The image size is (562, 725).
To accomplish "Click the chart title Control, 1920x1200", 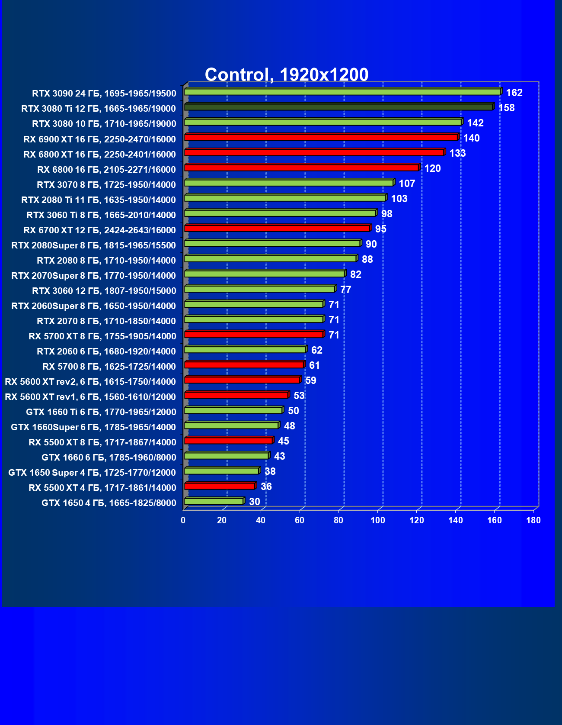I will click(286, 74).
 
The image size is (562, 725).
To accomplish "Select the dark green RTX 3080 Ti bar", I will click(338, 107).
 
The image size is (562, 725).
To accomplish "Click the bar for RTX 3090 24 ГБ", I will click(342, 92).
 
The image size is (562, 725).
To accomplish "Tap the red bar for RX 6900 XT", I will click(321, 137).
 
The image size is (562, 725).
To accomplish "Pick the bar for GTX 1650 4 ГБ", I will click(214, 501).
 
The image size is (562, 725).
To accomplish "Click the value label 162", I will click(514, 93).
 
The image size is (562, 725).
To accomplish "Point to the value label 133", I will click(457, 153).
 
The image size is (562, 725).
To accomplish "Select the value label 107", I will click(407, 184).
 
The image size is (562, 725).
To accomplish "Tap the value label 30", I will click(255, 502).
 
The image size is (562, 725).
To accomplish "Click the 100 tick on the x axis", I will click(378, 520).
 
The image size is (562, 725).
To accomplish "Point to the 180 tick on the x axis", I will click(533, 520).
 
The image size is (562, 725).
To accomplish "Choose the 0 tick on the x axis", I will click(183, 520).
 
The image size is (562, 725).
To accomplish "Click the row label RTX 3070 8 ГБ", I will click(106, 185).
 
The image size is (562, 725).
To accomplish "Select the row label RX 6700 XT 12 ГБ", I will click(99, 230).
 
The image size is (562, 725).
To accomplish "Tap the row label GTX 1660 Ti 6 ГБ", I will click(101, 412).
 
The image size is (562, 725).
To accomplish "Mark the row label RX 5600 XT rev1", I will click(90, 397).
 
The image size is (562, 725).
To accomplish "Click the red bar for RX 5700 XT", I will click(254, 334).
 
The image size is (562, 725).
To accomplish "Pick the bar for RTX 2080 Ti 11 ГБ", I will click(285, 198).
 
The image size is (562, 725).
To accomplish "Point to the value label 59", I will click(310, 380).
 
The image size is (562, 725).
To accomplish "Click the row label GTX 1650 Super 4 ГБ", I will click(92, 473).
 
